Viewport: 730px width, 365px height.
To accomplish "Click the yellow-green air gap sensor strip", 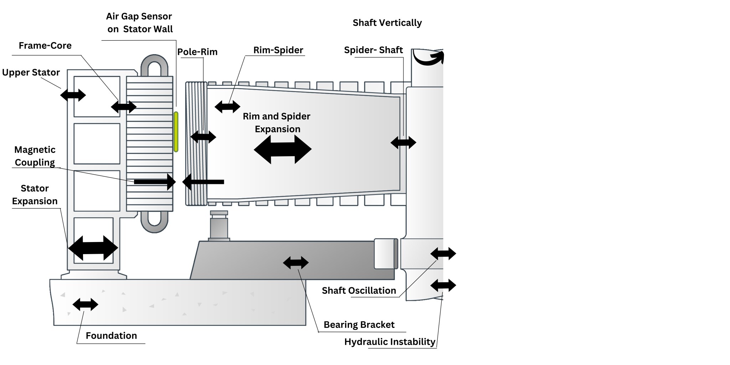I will pyautogui.click(x=176, y=132).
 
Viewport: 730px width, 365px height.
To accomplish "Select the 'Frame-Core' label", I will pyautogui.click(x=45, y=46).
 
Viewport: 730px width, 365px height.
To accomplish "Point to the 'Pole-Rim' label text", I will pyautogui.click(x=197, y=52).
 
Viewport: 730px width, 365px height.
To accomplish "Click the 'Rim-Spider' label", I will pyautogui.click(x=278, y=50).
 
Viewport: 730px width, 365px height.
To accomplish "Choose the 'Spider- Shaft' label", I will pyautogui.click(x=373, y=50).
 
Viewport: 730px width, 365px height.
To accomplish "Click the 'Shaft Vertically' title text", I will pyautogui.click(x=387, y=23).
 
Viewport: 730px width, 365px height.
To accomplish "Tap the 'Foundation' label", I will pyautogui.click(x=111, y=336).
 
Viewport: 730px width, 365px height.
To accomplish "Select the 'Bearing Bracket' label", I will pyautogui.click(x=359, y=325).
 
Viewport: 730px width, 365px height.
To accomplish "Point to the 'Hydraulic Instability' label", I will pyautogui.click(x=390, y=342).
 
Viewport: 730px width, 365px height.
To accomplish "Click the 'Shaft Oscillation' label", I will pyautogui.click(x=359, y=291).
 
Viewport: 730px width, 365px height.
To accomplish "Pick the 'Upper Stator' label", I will pyautogui.click(x=31, y=73).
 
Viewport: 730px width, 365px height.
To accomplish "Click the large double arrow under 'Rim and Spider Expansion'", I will pyautogui.click(x=283, y=149).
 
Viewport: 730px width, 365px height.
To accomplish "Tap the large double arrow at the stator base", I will pyautogui.click(x=93, y=248).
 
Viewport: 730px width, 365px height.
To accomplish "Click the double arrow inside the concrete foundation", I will pyautogui.click(x=85, y=304).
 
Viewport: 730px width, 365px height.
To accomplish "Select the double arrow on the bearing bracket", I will pyautogui.click(x=296, y=263).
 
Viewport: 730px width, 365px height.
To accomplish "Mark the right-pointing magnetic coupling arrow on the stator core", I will pyautogui.click(x=155, y=182).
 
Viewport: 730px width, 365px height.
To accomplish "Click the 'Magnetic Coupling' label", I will pyautogui.click(x=35, y=156).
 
